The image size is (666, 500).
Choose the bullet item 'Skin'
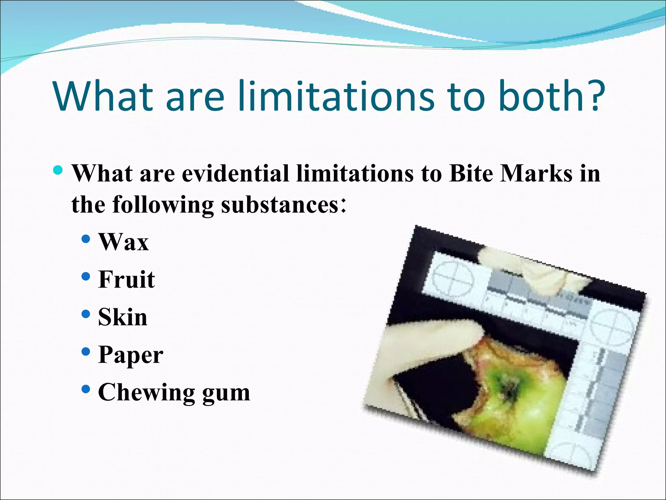click(123, 317)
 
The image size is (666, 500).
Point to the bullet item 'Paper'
click(130, 355)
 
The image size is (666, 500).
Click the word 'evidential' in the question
click(235, 173)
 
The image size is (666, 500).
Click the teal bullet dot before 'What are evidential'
click(59, 170)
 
